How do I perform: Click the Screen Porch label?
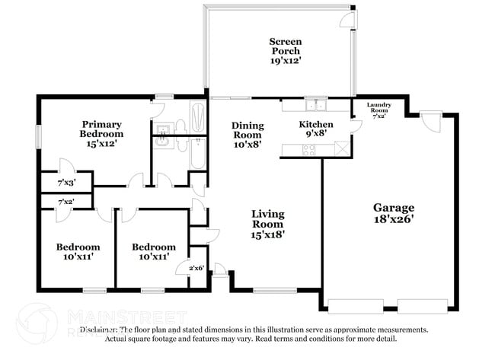[286, 52]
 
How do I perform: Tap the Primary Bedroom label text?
[102, 133]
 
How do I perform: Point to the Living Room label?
[267, 225]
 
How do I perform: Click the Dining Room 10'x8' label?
[248, 135]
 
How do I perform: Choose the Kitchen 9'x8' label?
[315, 129]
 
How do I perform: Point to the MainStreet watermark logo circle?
[36, 322]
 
